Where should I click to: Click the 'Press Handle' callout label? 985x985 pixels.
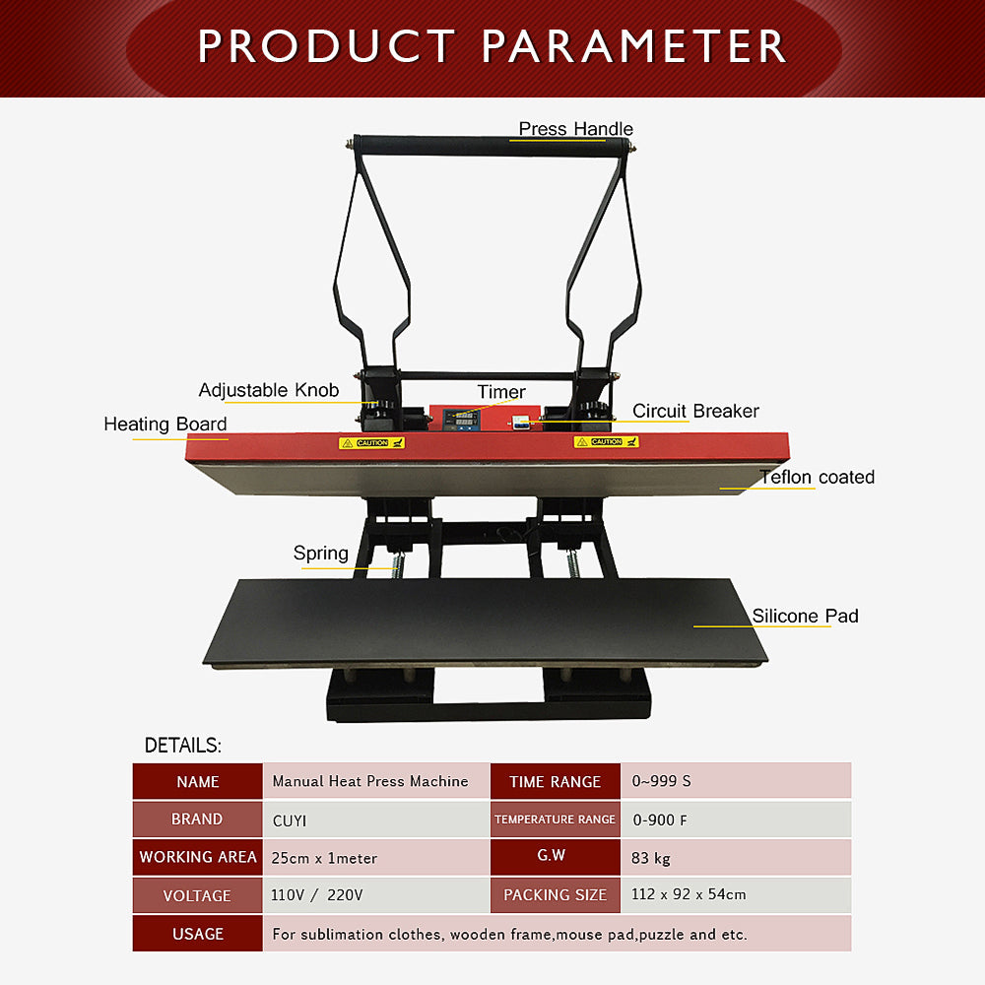575,129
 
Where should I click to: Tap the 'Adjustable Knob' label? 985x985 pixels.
269,390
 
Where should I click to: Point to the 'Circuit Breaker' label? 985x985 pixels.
695,411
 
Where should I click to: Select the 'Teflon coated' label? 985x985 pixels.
817,477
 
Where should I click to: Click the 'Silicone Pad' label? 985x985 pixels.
806,616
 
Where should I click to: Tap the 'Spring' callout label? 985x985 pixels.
321,554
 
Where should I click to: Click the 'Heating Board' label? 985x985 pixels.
165,424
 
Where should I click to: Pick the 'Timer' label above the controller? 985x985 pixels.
501,392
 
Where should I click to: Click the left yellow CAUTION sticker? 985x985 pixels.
372,443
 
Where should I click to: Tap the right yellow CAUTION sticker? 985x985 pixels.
606,441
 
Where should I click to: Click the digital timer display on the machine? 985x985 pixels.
460,419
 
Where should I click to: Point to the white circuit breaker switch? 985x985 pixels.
520,423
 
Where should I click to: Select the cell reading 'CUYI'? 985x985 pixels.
375,820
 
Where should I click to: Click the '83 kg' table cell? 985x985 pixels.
736,858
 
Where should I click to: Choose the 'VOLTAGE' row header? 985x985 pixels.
197,895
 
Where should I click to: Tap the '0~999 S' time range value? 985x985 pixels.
736,781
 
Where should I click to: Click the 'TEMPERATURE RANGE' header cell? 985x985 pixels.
556,820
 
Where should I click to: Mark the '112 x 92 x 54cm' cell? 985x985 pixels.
736,894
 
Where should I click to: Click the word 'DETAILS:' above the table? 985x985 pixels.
183,745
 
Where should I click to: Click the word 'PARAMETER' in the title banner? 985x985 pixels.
633,46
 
